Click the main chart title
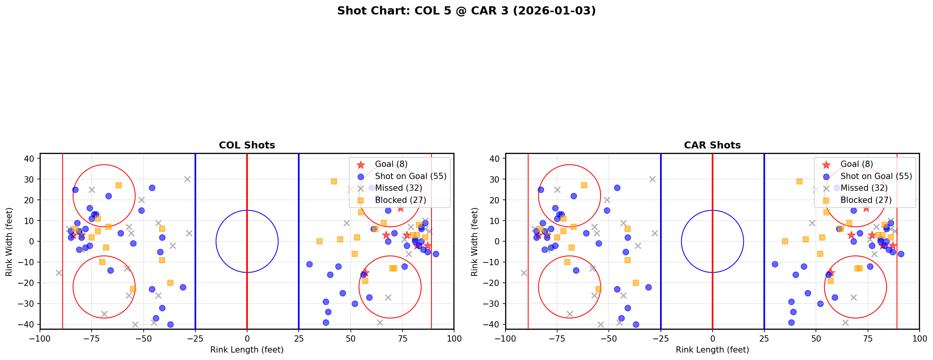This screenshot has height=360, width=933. point(466,11)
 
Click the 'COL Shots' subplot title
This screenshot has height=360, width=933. point(247,145)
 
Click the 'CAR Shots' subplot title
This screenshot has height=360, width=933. point(712,145)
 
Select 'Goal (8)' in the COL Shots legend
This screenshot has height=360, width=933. point(391,164)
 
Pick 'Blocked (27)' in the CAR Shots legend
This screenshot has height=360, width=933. point(866,200)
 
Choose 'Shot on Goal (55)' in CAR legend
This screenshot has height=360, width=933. point(876,176)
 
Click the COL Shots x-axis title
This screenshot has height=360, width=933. point(247,350)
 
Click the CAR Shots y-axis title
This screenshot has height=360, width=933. point(475,242)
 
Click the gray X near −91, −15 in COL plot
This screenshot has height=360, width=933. point(59,273)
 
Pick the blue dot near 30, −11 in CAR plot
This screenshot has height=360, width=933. point(774,264)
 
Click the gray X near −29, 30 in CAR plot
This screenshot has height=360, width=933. point(652,179)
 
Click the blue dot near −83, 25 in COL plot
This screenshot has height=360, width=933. point(75,190)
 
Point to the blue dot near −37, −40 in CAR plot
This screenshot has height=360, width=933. point(636,324)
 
